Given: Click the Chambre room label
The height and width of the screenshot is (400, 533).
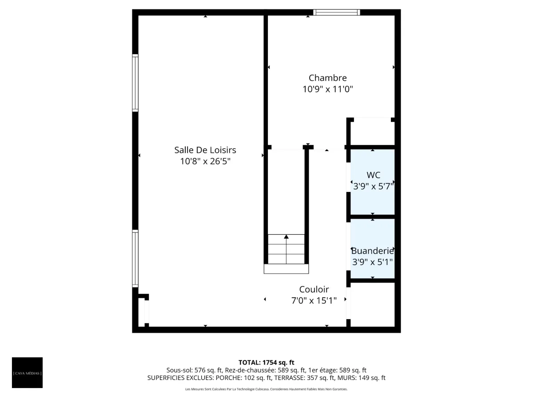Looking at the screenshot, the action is coord(327,78).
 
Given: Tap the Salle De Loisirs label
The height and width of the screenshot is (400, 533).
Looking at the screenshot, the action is coord(205,150).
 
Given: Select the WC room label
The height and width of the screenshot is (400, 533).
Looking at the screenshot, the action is coord(373,175).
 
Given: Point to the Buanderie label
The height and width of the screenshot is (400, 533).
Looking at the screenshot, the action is coord(372,251).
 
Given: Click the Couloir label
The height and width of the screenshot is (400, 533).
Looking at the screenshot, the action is coord(314,289).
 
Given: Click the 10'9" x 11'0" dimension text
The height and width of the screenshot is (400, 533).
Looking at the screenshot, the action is coord(327,89).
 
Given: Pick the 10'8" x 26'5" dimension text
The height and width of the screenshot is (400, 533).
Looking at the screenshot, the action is coord(205,161).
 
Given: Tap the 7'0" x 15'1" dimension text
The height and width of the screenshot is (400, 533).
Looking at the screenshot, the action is coord(314,301).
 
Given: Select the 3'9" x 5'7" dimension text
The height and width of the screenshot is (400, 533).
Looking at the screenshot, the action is coord(373,186).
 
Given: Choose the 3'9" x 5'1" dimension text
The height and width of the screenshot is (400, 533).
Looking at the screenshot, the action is coord(372,262).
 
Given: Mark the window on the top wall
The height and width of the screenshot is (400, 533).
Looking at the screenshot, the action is coord(336,12).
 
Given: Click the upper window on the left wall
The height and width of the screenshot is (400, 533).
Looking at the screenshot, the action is coord(135,83).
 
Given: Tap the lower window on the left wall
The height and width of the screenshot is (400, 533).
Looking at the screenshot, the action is coord(135,258).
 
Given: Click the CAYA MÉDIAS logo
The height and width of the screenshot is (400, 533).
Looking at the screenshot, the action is coord(27,372).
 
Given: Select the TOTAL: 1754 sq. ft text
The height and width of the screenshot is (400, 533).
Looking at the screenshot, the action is coord(266,362).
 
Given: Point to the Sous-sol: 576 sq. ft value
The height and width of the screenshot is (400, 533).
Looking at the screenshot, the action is coord(194,370).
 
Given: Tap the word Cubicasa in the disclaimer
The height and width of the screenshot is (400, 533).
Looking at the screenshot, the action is coord(262,389).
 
